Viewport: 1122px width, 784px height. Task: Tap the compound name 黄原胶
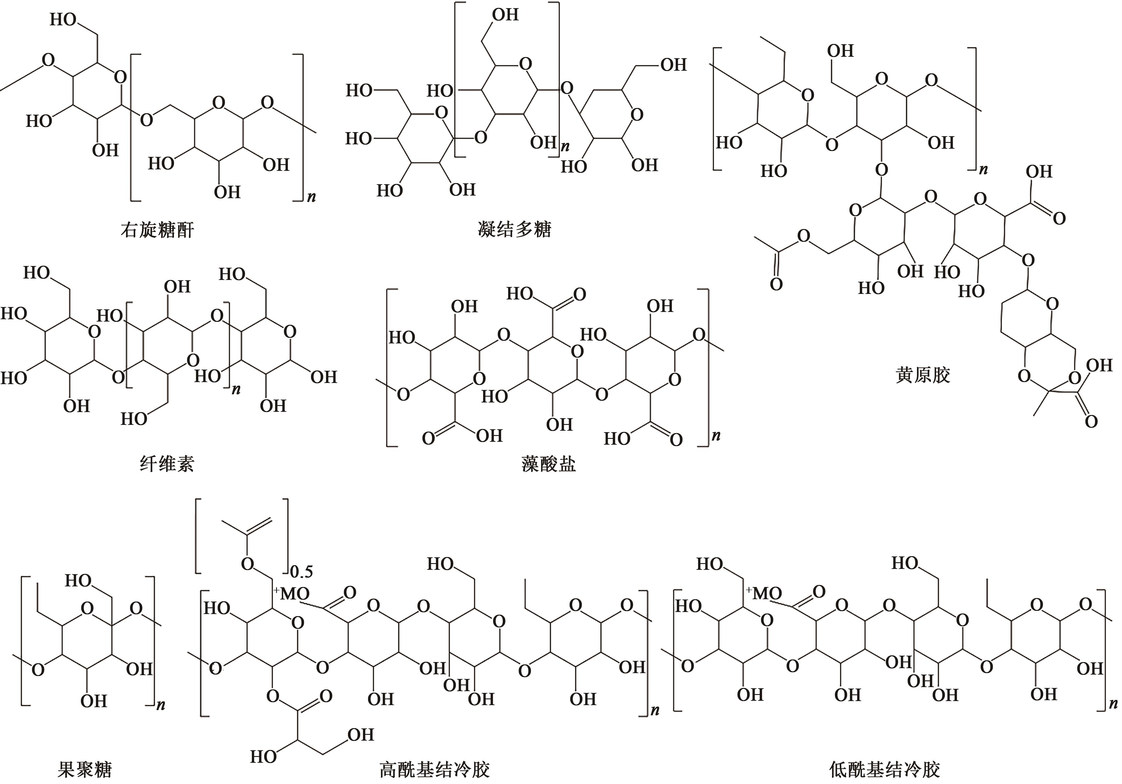point(923,375)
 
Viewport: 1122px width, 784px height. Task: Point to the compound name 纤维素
point(167,463)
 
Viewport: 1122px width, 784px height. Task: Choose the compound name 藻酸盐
point(548,463)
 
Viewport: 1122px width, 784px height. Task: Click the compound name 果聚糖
point(85,769)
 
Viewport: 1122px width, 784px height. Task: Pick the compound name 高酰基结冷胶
point(434,769)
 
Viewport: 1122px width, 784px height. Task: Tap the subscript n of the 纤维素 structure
point(236,390)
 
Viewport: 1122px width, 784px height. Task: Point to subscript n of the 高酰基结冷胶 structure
point(655,710)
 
